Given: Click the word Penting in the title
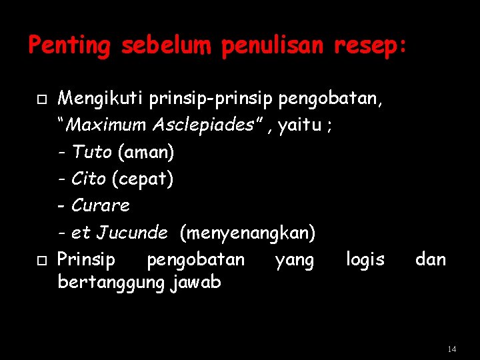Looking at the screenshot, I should (x=69, y=46).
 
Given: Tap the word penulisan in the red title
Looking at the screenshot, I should (x=271, y=46).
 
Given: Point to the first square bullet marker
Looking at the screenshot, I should (x=41, y=100).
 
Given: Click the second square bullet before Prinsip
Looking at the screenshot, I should (x=41, y=259).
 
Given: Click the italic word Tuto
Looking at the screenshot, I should (x=92, y=152).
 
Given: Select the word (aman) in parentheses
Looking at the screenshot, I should (x=145, y=153).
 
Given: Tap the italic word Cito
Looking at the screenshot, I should (x=89, y=179).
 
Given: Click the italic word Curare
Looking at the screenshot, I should (x=100, y=205).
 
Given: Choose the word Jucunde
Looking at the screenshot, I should (x=132, y=233).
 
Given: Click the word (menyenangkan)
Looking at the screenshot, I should (x=247, y=233).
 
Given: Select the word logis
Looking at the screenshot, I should (x=365, y=259).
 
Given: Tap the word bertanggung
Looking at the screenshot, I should (x=111, y=283).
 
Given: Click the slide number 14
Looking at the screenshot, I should (x=452, y=349).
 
